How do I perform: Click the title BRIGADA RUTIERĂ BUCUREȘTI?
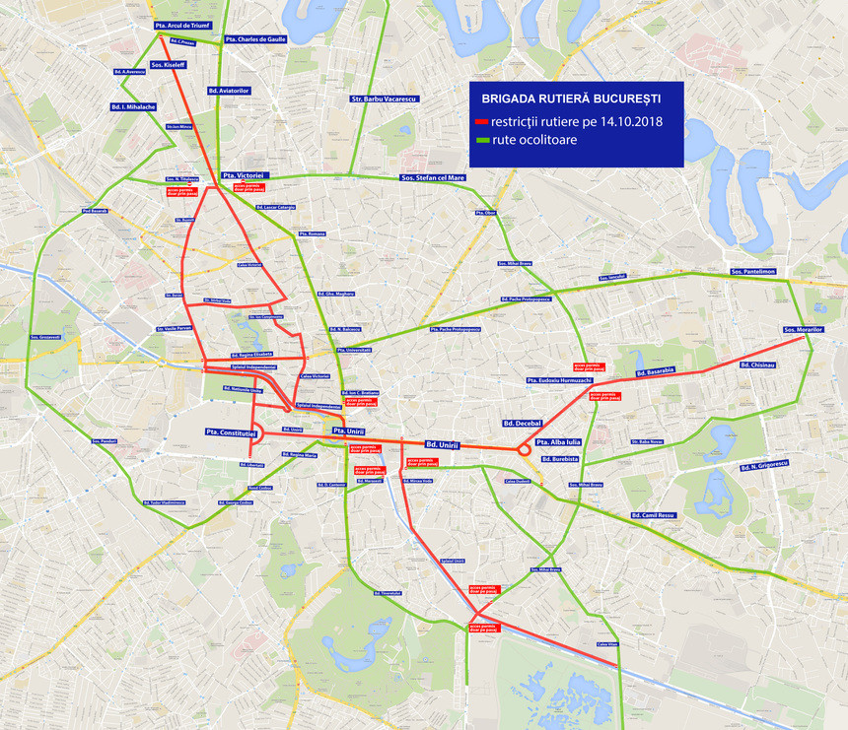click(x=570, y=100)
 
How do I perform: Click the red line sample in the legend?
click(x=483, y=122)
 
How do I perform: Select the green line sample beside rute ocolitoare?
click(x=483, y=141)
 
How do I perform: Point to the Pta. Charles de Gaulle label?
click(x=253, y=39)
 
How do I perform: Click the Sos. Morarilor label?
click(x=803, y=329)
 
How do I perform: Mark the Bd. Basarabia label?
click(x=655, y=371)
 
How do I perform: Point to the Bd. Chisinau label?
click(x=757, y=365)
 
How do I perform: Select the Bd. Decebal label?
click(x=522, y=423)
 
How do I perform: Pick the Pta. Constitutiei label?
click(x=231, y=431)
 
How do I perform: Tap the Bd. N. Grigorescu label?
click(x=764, y=464)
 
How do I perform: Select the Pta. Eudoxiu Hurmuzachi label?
click(x=559, y=380)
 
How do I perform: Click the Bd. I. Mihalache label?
click(x=133, y=106)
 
